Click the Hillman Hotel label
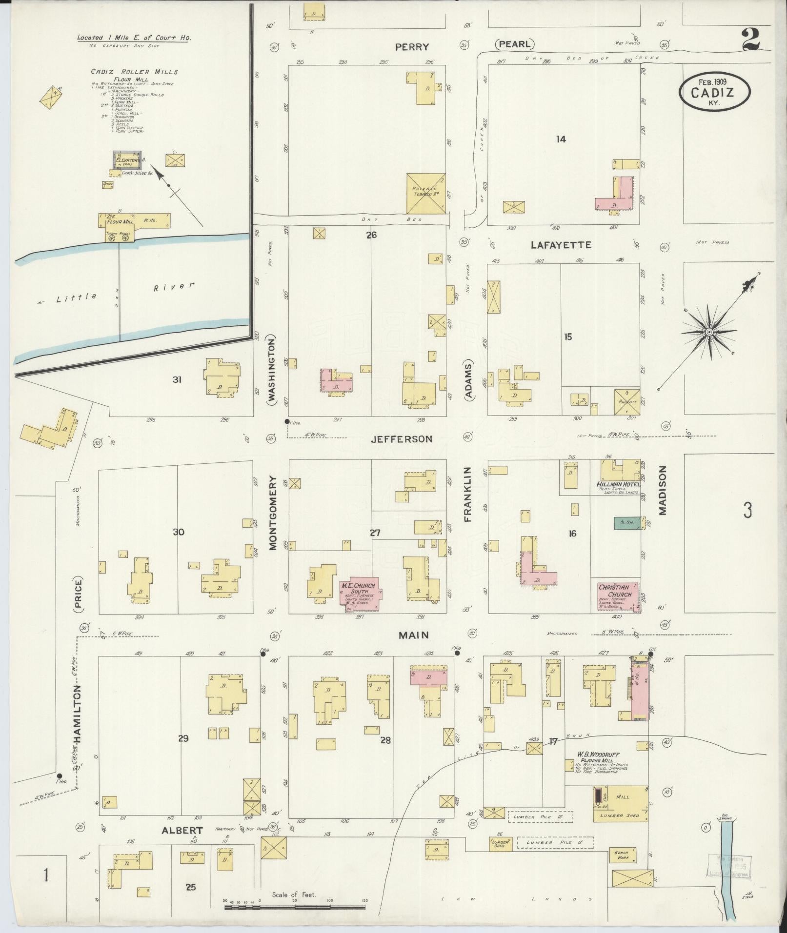click(618, 484)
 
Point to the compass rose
click(709, 333)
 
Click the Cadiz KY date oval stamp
click(713, 92)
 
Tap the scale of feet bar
click(295, 907)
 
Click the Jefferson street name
click(402, 439)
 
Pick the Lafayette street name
click(561, 245)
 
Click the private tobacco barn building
click(426, 193)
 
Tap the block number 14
click(561, 139)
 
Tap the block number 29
click(183, 752)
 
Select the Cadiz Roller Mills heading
click(134, 72)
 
